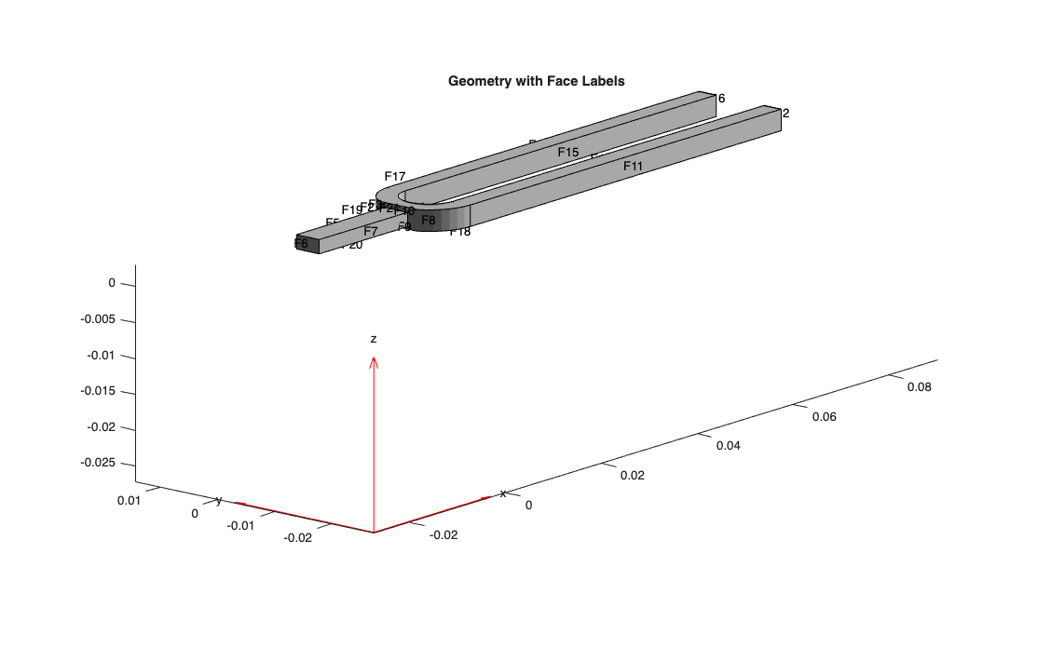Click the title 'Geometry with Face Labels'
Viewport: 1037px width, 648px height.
point(536,81)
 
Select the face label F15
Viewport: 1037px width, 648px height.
point(568,152)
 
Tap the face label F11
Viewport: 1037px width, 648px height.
point(634,166)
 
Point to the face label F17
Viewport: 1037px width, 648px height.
point(395,176)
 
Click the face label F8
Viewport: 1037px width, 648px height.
point(429,220)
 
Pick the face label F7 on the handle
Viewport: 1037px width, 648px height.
point(371,231)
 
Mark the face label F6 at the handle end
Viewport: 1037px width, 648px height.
point(301,244)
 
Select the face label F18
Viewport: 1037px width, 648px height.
point(460,232)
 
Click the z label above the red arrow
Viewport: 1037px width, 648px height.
point(374,339)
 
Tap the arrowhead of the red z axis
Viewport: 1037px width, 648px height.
point(374,362)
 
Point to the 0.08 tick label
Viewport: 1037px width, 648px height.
point(919,386)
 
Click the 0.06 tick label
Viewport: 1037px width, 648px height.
point(824,416)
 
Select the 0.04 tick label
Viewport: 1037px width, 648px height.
point(728,445)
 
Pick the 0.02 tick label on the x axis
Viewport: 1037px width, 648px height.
point(632,475)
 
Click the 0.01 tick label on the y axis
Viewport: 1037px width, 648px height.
point(129,500)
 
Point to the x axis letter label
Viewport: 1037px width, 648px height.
point(503,493)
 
